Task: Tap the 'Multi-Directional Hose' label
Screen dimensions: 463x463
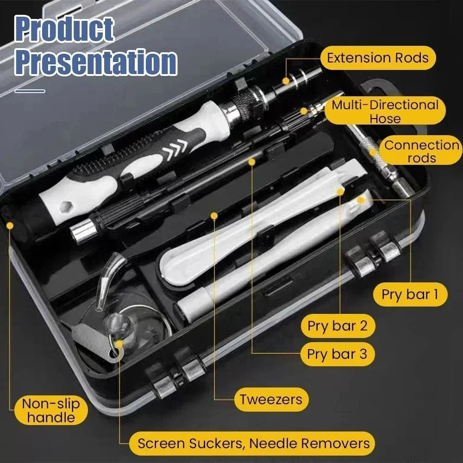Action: point(385,111)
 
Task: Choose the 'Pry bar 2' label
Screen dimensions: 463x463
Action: point(338,326)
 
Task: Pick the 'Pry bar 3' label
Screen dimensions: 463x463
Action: point(337,354)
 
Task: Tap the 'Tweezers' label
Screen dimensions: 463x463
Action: point(271,399)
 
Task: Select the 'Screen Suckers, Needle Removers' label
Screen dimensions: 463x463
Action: point(254,443)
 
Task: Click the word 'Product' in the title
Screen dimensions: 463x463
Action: point(64,30)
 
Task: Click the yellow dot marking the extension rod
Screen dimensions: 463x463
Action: point(286,81)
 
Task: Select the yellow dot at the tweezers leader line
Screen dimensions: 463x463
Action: point(214,216)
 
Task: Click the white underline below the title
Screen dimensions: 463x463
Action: point(30,91)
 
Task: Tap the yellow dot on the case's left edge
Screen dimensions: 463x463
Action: point(10,225)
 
